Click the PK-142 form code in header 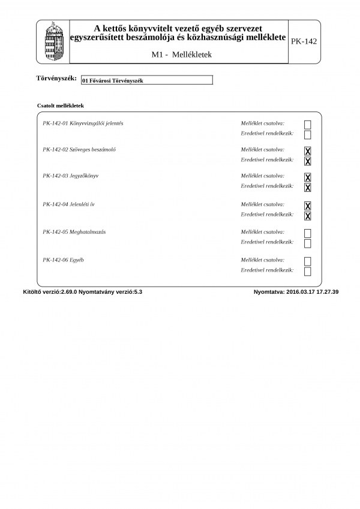coord(304,41)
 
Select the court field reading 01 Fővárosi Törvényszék coord(146,80)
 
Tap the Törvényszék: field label coord(56,79)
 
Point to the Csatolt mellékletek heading coord(60,105)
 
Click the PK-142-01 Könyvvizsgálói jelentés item coord(83,123)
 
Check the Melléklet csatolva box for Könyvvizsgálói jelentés coord(308,125)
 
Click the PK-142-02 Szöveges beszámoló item coord(79,149)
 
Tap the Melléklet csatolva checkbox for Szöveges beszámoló coord(308,151)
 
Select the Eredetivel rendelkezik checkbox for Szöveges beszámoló coord(308,161)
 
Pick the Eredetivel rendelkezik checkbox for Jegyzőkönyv coord(308,188)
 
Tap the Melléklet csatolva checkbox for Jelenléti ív coord(308,206)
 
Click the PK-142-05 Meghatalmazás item coord(74,231)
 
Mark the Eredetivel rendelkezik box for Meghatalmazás coord(308,243)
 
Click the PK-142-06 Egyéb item coord(63,260)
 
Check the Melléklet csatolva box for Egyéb coord(308,261)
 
